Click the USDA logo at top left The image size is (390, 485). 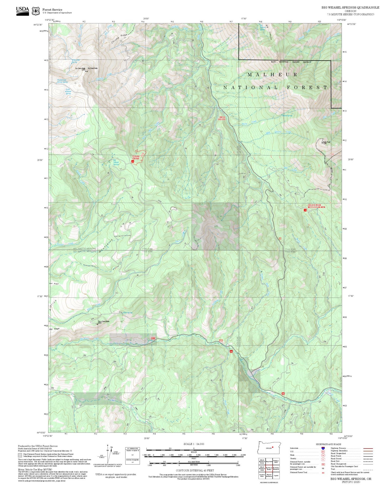pyautogui.click(x=22, y=11)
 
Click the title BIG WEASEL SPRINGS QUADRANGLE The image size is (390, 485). pyautogui.click(x=350, y=8)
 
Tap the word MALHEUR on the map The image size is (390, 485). pyautogui.click(x=273, y=75)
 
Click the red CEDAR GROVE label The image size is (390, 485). pyautogui.click(x=136, y=157)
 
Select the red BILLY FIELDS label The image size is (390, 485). pyautogui.click(x=222, y=118)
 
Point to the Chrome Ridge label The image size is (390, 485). pyautogui.click(x=119, y=39)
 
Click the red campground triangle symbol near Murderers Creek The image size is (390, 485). pyautogui.click(x=231, y=351)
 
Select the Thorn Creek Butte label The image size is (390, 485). pyautogui.click(x=103, y=321)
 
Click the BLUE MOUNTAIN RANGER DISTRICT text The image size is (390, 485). pyautogui.click(x=291, y=62)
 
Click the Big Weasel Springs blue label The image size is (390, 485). pyautogui.click(x=116, y=162)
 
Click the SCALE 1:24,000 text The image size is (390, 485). pyautogui.click(x=194, y=444)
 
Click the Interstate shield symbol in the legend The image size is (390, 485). pyautogui.click(x=323, y=448)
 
